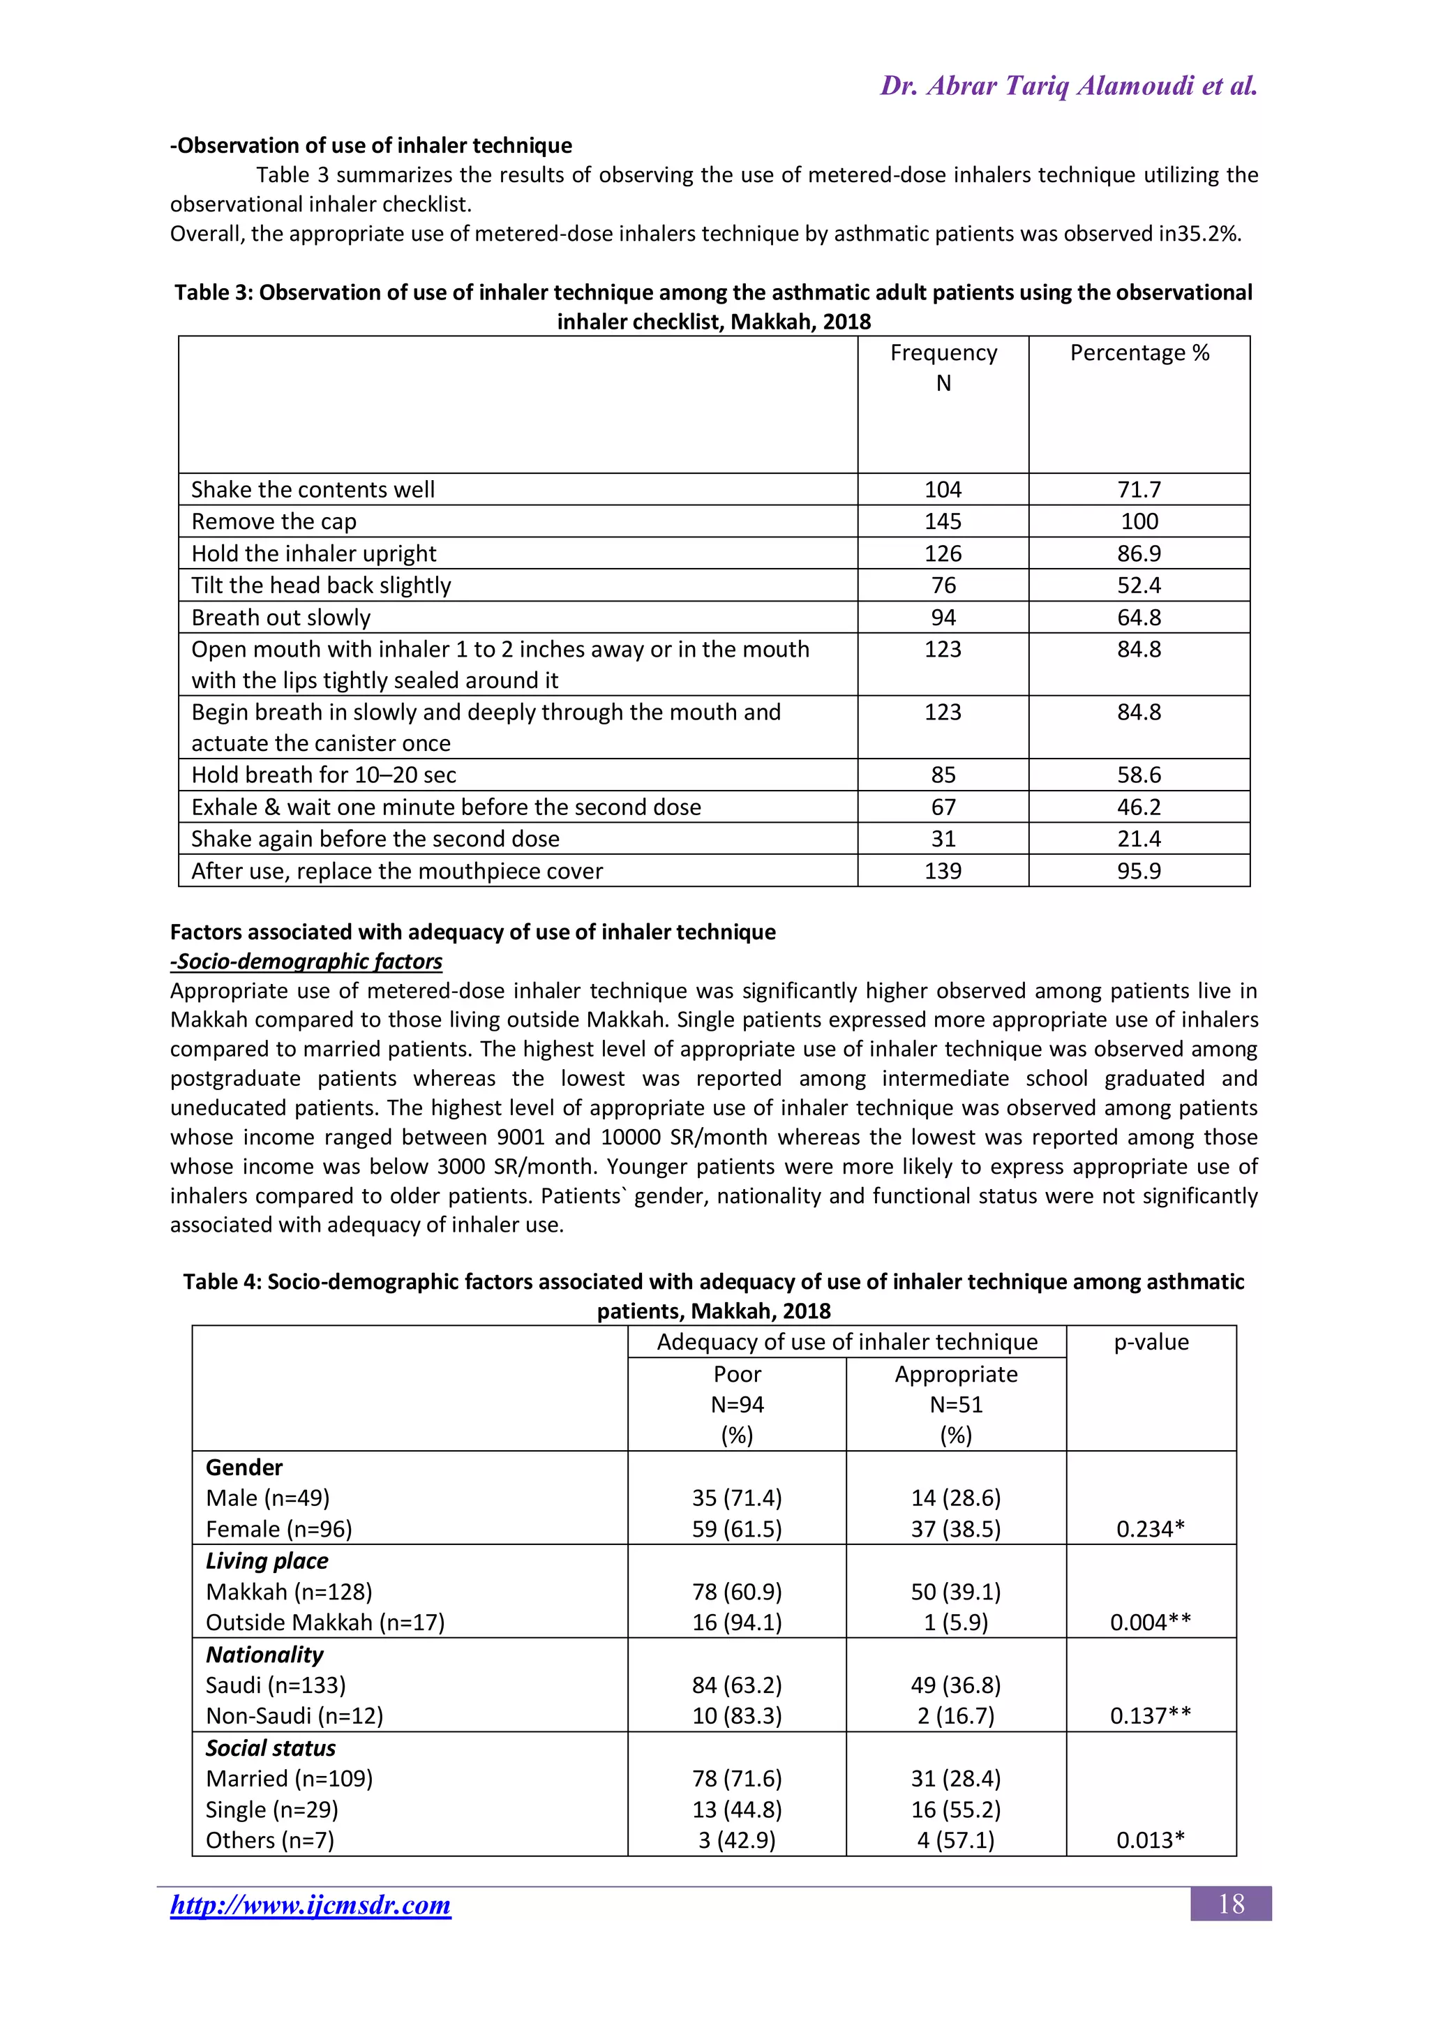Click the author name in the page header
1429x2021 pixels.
coord(1068,87)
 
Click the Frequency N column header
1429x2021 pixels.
coord(943,367)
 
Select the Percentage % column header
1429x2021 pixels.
coord(1139,353)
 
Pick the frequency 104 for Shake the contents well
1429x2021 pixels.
coord(943,489)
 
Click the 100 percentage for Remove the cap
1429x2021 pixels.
coord(1139,521)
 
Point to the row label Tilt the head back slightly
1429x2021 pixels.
coord(321,586)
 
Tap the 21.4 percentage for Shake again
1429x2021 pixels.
coord(1139,839)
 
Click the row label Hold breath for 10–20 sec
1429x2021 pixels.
coord(324,775)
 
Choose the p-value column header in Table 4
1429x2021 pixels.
coord(1151,1343)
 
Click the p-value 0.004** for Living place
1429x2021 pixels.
coord(1150,1623)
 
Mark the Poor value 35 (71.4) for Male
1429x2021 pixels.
coord(737,1498)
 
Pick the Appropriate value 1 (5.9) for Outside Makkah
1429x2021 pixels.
coord(956,1623)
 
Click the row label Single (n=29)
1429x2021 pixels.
coord(272,1810)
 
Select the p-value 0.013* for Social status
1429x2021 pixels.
coord(1150,1840)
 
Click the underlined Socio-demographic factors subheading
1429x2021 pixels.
coord(306,961)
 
